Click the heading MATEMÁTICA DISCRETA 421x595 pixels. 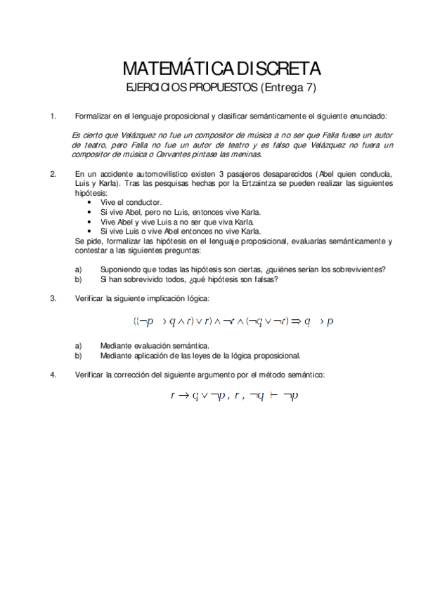point(221,69)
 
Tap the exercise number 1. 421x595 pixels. point(53,115)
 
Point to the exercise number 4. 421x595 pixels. point(53,375)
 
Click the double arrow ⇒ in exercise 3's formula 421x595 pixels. point(289,321)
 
